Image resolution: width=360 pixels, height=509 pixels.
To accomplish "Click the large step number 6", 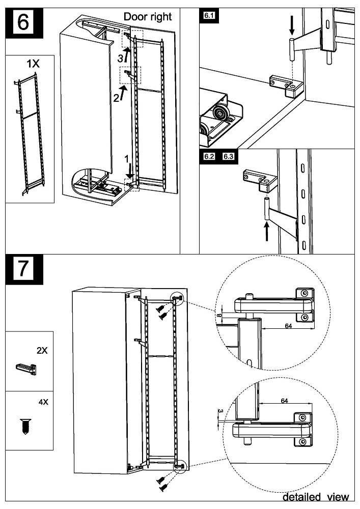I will (23, 23).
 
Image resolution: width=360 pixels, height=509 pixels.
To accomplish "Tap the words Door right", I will (148, 17).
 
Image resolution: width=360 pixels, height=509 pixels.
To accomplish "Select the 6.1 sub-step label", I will (209, 16).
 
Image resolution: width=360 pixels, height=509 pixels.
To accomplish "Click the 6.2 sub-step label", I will (209, 156).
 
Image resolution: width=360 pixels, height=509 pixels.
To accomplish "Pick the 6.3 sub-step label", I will (228, 156).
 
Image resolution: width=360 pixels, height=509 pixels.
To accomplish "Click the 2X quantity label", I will (42, 351).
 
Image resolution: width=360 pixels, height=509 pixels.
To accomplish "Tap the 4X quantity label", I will (43, 402).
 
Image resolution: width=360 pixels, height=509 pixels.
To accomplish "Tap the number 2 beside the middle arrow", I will (116, 97).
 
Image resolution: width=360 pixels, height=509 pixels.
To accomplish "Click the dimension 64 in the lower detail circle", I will (284, 401).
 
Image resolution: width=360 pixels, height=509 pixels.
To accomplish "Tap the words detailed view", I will (316, 497).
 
